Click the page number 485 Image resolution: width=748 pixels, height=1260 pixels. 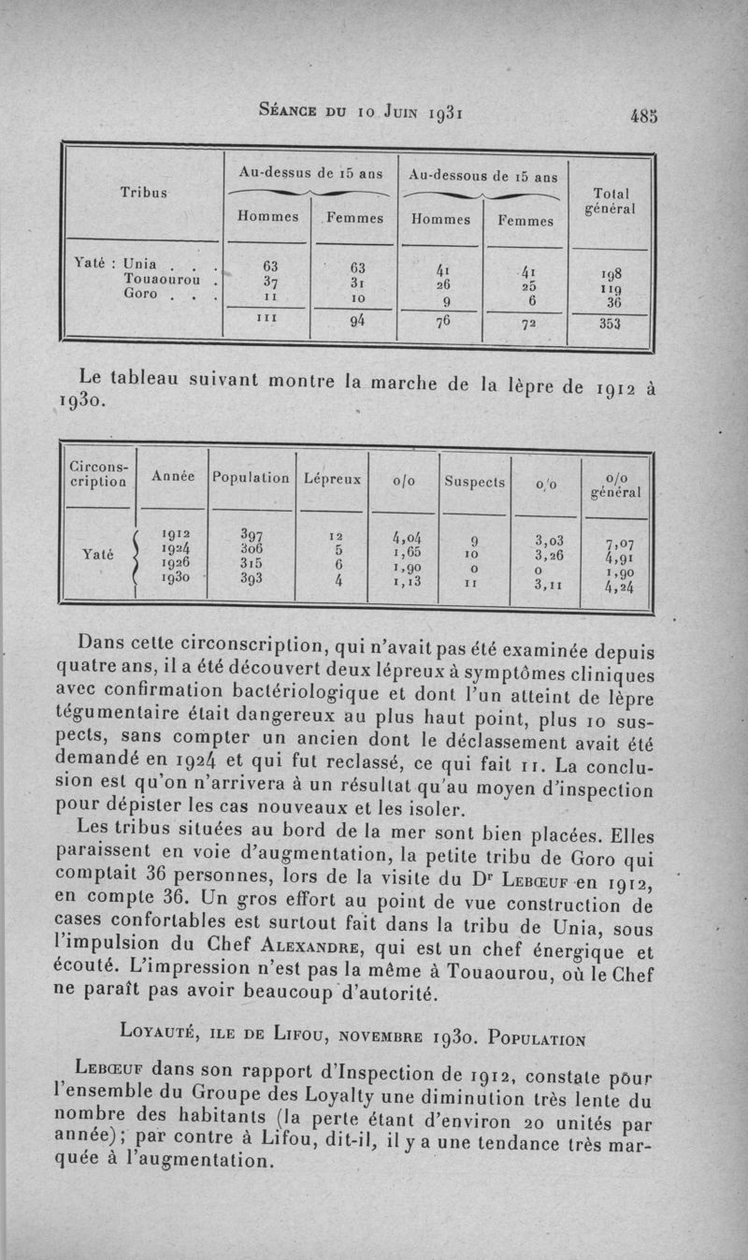(644, 116)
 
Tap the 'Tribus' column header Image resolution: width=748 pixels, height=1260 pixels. (143, 193)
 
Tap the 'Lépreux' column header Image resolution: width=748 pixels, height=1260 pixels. (332, 478)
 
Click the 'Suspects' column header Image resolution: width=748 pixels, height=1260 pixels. (474, 484)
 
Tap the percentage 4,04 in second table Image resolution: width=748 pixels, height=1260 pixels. (403, 537)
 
